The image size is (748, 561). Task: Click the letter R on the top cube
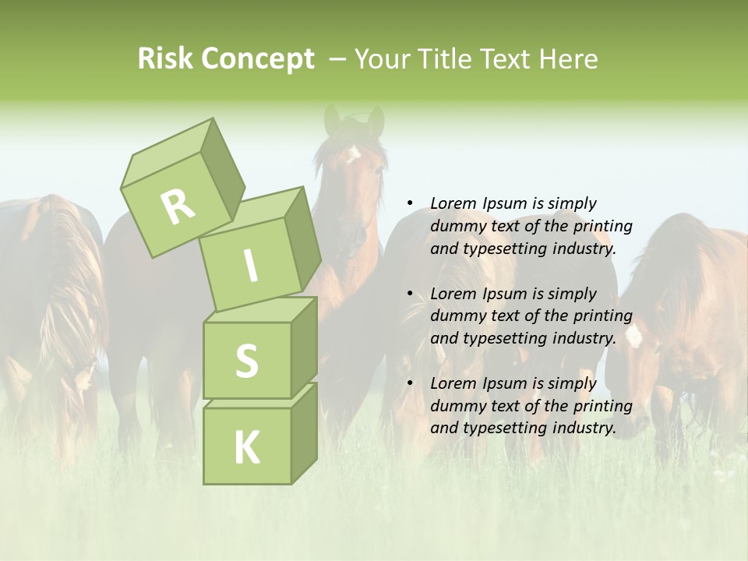pyautogui.click(x=178, y=206)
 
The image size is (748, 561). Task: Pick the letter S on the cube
pyautogui.click(x=246, y=361)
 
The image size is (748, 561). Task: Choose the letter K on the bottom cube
pyautogui.click(x=246, y=448)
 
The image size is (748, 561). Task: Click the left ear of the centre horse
pyautogui.click(x=332, y=119)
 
